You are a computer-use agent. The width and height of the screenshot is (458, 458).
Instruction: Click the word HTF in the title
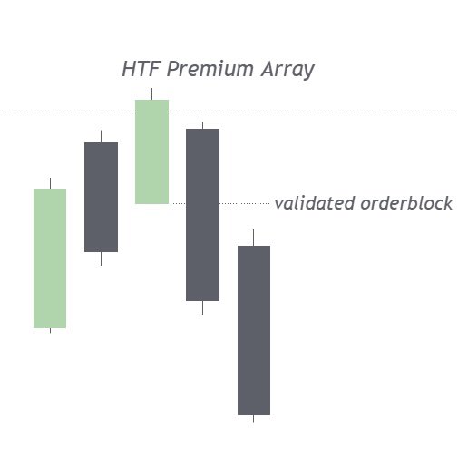[139, 70]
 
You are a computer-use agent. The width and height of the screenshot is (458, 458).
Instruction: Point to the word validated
[314, 203]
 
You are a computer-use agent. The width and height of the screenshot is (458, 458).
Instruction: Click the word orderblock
[406, 203]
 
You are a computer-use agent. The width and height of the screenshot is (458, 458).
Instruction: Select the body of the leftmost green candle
[50, 258]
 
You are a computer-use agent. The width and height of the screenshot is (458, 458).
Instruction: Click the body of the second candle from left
[101, 197]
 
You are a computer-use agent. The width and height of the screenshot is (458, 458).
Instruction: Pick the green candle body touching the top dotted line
[151, 151]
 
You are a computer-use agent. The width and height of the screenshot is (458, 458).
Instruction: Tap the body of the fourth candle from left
[202, 214]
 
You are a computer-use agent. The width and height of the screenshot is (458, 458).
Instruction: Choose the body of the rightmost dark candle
[254, 330]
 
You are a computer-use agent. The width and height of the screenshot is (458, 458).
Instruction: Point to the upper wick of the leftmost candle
[50, 183]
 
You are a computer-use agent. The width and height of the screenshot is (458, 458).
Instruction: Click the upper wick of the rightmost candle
[254, 238]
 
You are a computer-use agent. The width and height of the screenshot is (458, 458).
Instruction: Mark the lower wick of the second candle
[101, 258]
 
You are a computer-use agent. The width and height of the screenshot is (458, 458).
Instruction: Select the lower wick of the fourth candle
[202, 307]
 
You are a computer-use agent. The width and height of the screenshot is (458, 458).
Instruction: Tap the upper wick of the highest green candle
[151, 94]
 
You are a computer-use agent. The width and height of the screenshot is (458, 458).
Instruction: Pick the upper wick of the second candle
[101, 136]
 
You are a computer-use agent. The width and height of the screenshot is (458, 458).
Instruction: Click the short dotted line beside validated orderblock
[245, 203]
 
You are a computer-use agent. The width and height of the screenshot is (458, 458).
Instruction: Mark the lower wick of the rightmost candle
[254, 418]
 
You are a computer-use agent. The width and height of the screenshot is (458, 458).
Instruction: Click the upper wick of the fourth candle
[202, 125]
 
